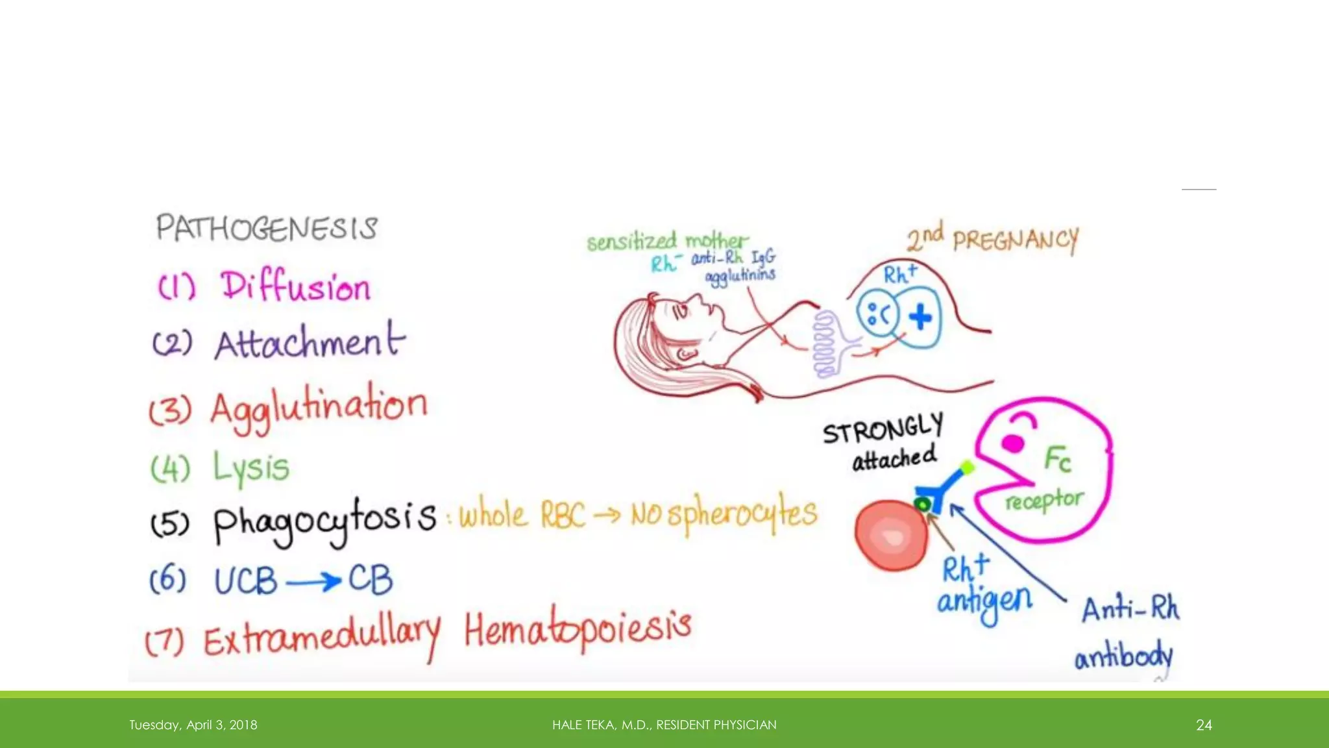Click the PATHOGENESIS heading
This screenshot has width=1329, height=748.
[x=266, y=228]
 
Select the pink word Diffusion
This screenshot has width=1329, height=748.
[x=295, y=287]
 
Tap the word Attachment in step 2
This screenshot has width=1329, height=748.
[x=310, y=342]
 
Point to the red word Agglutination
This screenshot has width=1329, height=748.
[x=319, y=406]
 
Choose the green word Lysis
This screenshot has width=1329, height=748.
[x=251, y=467]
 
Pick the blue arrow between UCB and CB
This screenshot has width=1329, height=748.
[x=313, y=580]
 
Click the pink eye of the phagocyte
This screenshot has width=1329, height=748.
[x=1013, y=443]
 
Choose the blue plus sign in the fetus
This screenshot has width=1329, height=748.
[x=920, y=318]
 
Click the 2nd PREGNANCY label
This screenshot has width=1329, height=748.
[x=993, y=239]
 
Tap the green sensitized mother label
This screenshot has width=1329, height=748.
[x=667, y=242]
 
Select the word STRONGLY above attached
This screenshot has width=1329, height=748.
[x=883, y=429]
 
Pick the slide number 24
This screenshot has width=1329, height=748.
[x=1204, y=725]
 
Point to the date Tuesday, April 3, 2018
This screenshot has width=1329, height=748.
[x=193, y=725]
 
